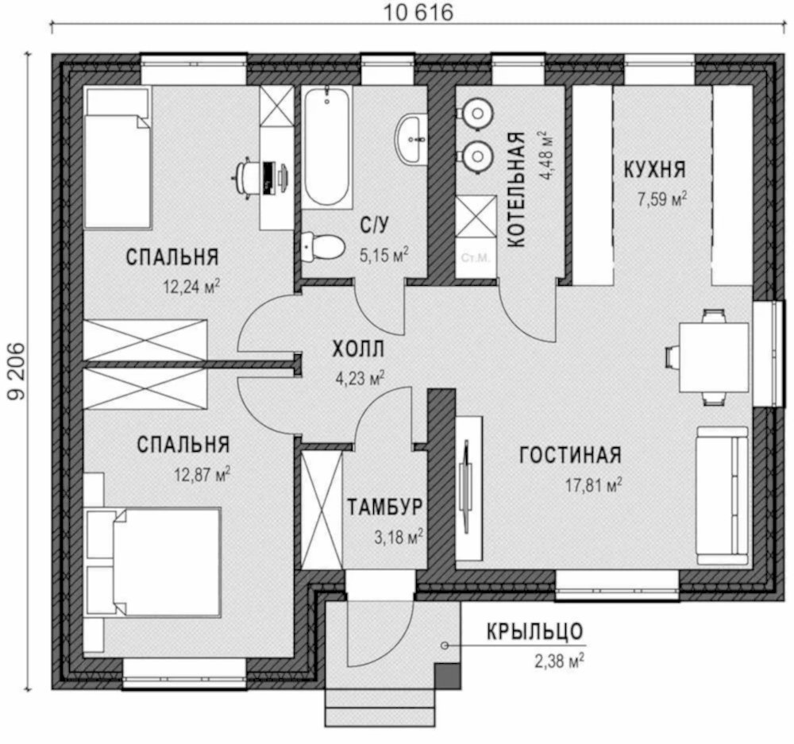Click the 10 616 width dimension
(418, 12)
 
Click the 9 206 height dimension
(16, 372)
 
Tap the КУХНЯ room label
(654, 169)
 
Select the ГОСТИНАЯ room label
(570, 455)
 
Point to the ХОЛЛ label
(358, 349)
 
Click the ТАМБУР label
(385, 507)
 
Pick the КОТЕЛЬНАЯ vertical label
(515, 190)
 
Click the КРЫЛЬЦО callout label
(534, 631)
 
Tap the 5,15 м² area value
(384, 255)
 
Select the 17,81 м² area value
(593, 485)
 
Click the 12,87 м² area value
(202, 475)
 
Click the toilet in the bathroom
(322, 247)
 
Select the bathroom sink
(410, 139)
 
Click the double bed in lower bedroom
(153, 562)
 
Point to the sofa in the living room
(722, 495)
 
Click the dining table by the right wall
(713, 357)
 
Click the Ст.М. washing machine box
(475, 258)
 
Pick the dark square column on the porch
(448, 677)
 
